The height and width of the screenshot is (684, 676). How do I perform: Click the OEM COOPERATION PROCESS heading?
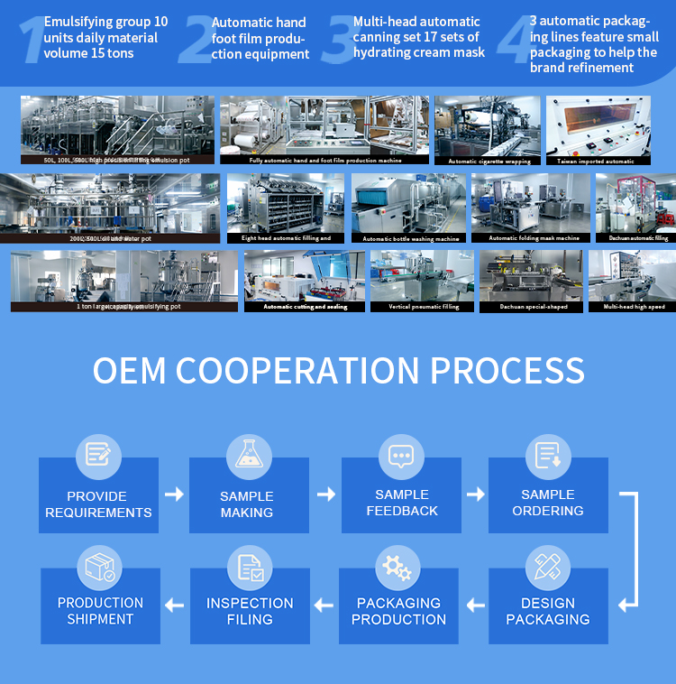(x=339, y=371)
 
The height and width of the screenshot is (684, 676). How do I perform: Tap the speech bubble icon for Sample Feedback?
(x=400, y=454)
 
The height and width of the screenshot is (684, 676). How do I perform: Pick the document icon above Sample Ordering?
(x=548, y=454)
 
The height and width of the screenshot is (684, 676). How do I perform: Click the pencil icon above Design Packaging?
(x=547, y=566)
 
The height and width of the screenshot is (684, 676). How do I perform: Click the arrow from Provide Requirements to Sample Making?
(x=174, y=494)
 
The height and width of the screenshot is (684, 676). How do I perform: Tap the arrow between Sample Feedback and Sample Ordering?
(x=475, y=494)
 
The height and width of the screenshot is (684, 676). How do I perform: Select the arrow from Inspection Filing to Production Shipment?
(x=174, y=605)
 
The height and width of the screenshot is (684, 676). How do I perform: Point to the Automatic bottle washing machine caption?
(x=411, y=239)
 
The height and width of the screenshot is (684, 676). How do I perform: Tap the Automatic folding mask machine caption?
(x=534, y=238)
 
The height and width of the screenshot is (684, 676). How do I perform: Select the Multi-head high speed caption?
(x=634, y=307)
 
